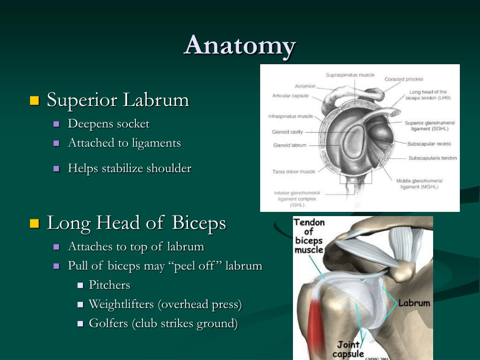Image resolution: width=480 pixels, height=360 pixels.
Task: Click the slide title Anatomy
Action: [x=240, y=46]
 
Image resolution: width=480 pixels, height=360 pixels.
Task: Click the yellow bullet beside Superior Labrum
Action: [x=35, y=100]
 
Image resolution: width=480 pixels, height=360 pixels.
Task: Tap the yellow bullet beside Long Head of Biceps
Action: [x=35, y=224]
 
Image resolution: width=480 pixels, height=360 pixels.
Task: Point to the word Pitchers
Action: [x=110, y=285]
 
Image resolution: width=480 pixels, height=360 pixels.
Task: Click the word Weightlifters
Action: [x=121, y=305]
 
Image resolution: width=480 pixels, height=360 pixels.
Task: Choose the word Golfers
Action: [x=108, y=323]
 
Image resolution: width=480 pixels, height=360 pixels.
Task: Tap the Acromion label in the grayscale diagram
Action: [x=305, y=86]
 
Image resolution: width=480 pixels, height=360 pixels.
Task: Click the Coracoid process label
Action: [x=404, y=79]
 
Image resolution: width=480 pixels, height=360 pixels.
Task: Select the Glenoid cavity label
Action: [x=287, y=132]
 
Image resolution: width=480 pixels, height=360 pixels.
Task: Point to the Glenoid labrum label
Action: [x=290, y=145]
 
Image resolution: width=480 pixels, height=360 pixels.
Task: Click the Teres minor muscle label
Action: [x=293, y=172]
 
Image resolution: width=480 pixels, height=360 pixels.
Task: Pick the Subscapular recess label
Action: [x=429, y=143]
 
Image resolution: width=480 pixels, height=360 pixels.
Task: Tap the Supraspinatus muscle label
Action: [x=350, y=75]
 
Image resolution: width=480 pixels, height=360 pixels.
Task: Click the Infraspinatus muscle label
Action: [x=291, y=116]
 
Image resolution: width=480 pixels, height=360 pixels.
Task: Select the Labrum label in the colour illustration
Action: [x=414, y=303]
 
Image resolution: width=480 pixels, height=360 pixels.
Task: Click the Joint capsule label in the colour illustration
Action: [x=348, y=349]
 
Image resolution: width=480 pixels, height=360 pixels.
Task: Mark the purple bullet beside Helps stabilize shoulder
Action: [x=56, y=168]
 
